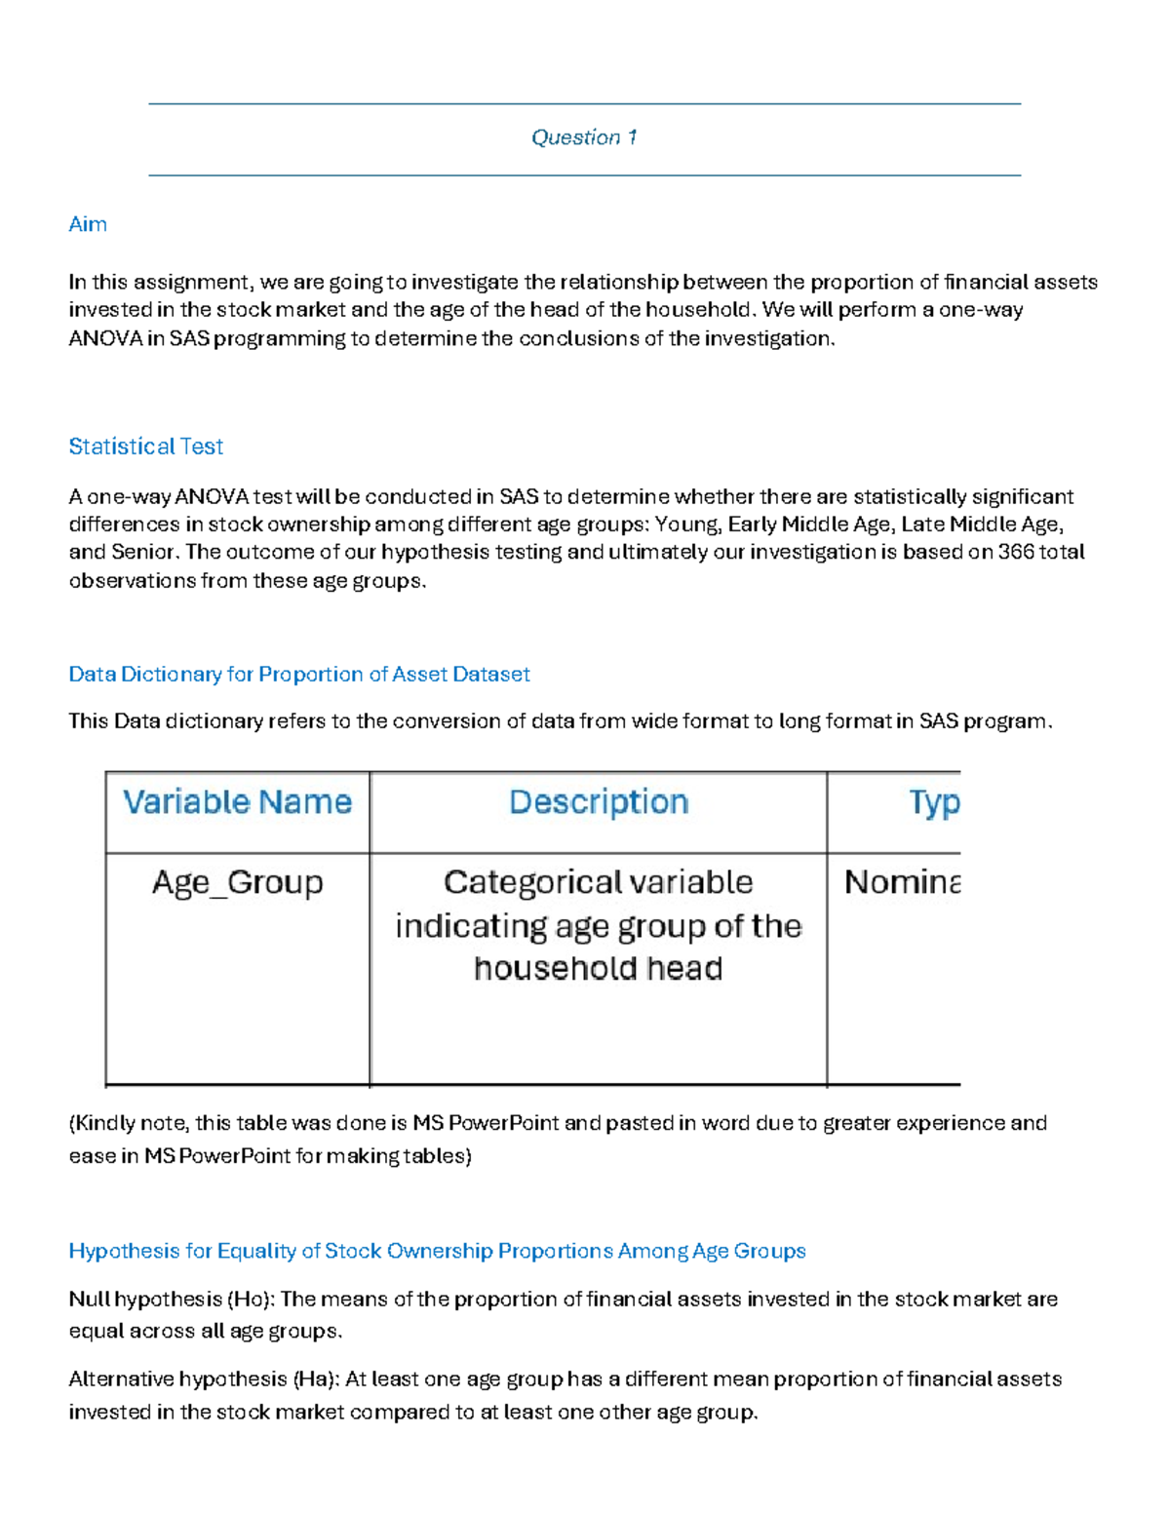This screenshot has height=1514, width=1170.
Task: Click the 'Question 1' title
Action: pos(584,137)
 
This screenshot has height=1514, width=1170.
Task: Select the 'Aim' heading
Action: pos(88,224)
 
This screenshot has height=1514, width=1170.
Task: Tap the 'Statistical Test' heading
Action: pos(146,446)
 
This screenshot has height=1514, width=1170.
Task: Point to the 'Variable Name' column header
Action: pos(237,802)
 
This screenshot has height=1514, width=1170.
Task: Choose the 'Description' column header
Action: pos(599,802)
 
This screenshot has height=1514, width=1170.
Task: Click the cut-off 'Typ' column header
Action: pos(933,802)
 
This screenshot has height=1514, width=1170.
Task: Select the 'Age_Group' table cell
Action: pos(237,882)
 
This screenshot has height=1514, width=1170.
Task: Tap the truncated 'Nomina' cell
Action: pos(902,882)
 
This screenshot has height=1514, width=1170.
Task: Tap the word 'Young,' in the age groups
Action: pos(688,524)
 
